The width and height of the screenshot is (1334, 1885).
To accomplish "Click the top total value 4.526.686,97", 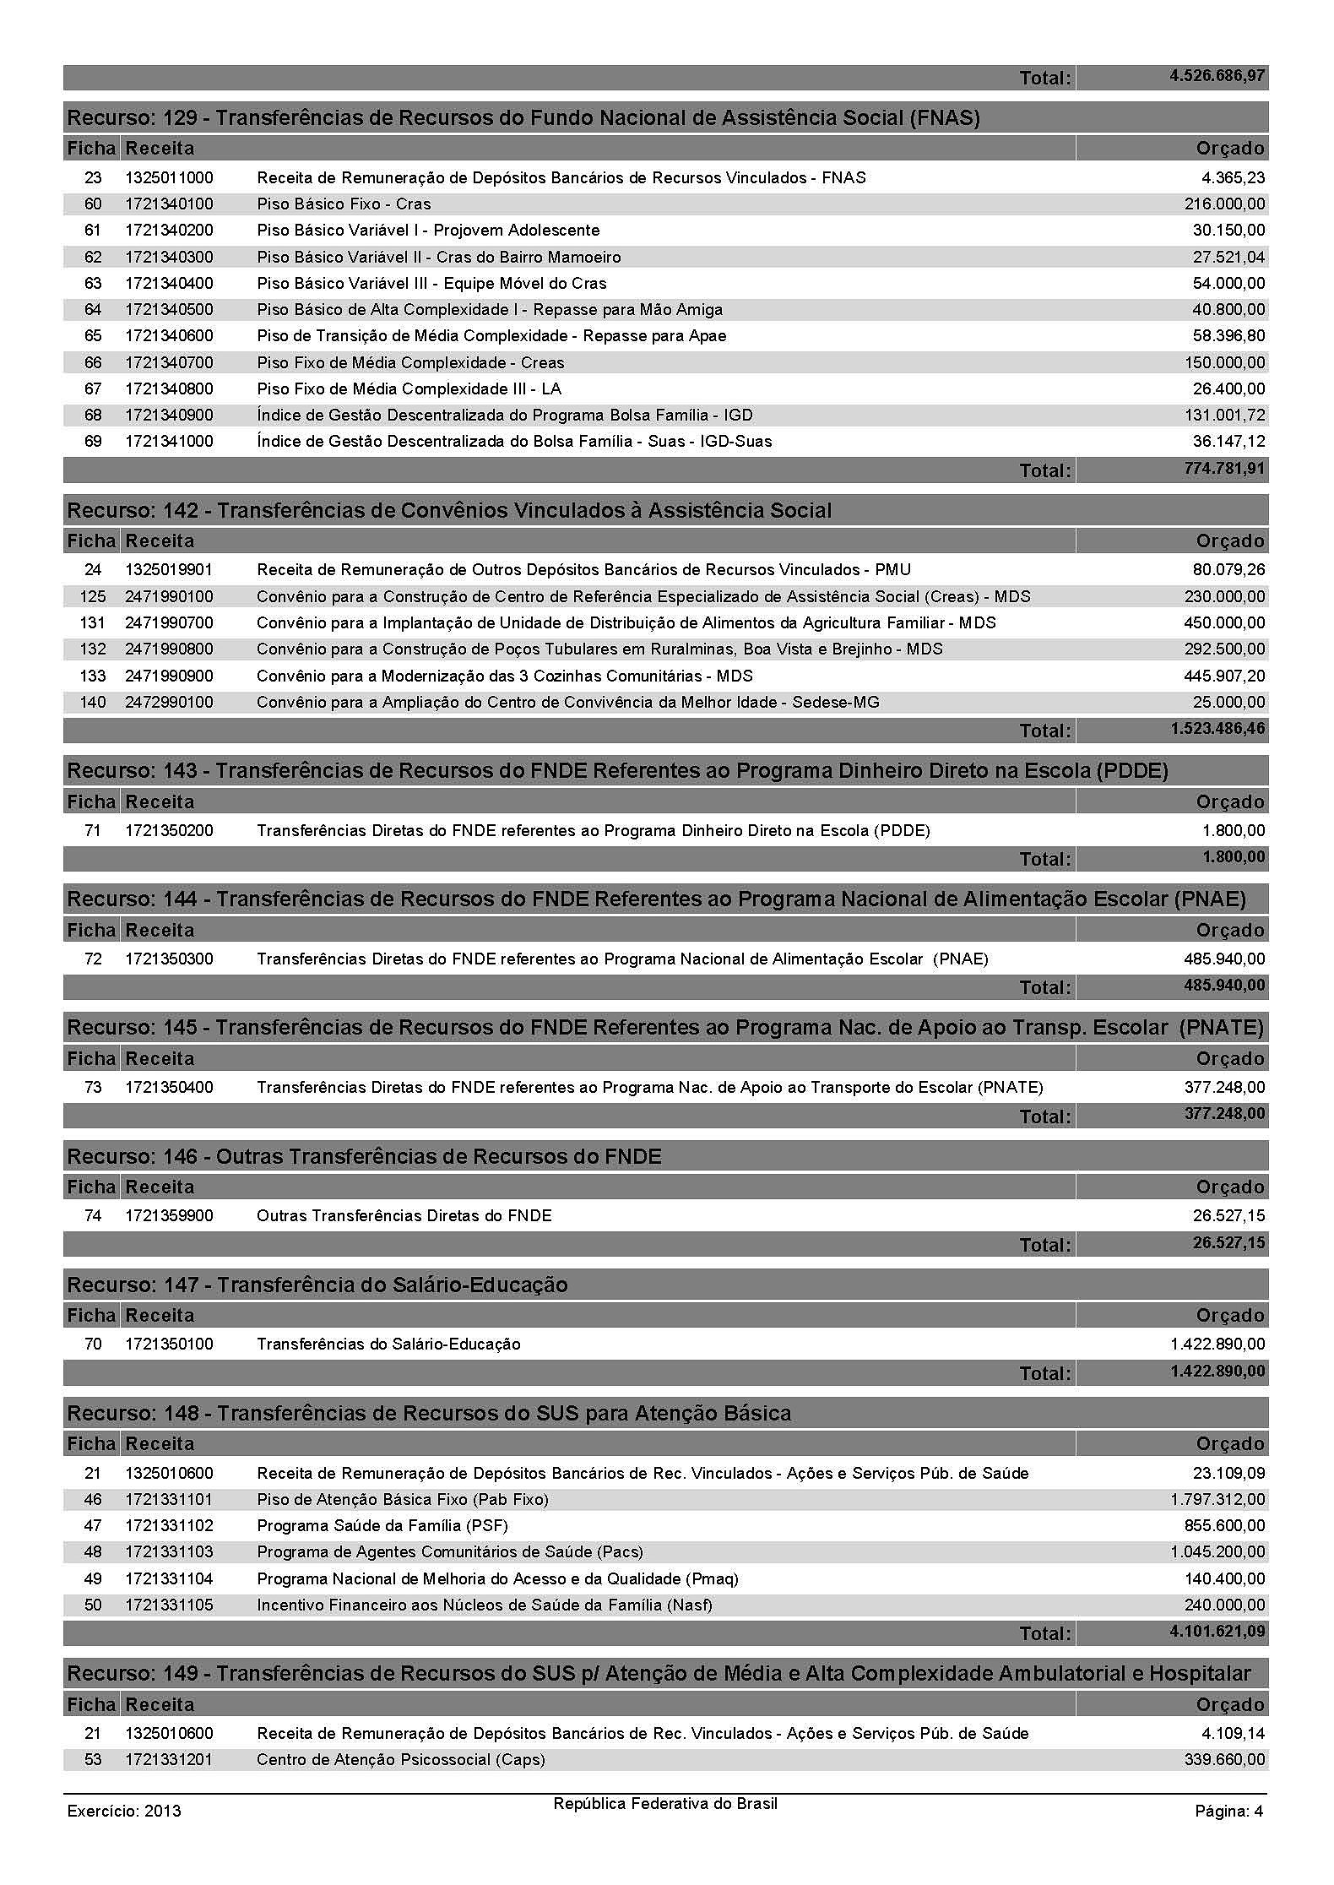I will pos(1217,76).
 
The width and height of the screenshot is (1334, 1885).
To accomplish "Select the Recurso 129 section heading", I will pos(523,117).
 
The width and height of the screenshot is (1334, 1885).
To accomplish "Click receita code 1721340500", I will pos(169,310).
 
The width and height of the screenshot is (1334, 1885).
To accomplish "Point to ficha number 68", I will pos(93,416).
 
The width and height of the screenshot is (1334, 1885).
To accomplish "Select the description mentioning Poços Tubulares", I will pos(599,649).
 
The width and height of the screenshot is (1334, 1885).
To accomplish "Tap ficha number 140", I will pos(93,703).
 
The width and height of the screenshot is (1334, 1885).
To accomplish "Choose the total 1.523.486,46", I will pos(1217,729).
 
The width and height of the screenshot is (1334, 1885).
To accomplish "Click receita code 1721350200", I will pos(169,831).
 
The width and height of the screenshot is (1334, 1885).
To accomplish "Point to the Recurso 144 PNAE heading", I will pos(656,899).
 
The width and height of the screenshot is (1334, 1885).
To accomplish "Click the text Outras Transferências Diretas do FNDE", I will pos(404,1216).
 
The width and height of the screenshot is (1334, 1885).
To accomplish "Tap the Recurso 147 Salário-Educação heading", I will pos(317,1285).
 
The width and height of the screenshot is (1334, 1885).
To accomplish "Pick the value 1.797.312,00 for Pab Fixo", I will pos(1217,1500).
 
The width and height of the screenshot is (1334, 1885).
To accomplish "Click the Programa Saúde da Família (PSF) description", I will pos(382,1526).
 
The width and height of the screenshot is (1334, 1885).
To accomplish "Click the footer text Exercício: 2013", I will pos(123,1811).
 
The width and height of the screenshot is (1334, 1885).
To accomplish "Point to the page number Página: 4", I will pos(1228,1811).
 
